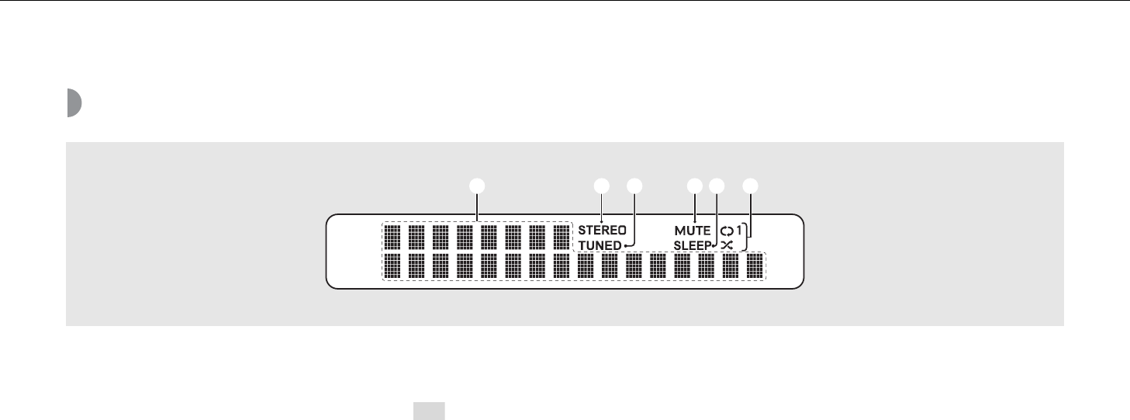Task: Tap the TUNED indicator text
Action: point(600,245)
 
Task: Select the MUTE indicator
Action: point(693,231)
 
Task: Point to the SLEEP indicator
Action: point(693,245)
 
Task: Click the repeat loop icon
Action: point(726,231)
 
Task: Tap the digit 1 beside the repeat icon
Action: point(739,231)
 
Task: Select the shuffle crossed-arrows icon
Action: point(727,245)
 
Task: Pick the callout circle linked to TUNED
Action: point(635,186)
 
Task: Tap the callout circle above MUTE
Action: point(694,186)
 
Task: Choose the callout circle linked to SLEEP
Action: point(716,186)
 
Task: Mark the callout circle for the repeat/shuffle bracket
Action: point(750,186)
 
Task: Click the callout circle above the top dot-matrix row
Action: point(477,186)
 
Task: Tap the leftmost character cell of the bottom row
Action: point(392,266)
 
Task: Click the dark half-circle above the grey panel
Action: point(74,103)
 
